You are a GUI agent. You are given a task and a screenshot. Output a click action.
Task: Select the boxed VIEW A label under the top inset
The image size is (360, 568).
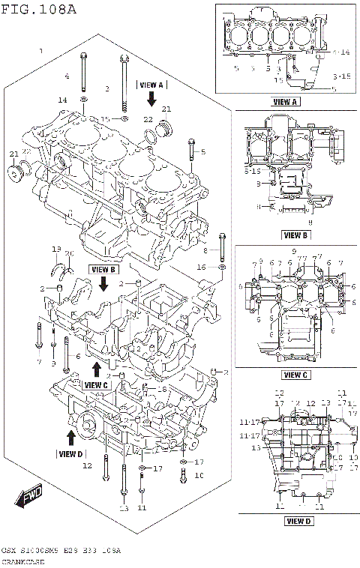coord(286,101)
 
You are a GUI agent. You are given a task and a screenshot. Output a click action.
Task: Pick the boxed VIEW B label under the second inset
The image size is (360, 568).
coord(294,235)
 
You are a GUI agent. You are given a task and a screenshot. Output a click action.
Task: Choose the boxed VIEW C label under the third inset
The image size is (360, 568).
coord(295,374)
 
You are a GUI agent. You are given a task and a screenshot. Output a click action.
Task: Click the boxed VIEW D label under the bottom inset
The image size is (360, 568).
coord(298,520)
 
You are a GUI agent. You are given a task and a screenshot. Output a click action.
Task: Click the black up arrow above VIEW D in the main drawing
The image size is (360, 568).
coord(71,438)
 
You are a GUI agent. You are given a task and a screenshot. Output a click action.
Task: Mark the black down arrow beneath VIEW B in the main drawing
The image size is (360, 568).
coord(104,283)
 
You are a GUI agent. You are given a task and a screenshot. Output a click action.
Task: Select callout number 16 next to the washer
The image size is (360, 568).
coord(201,267)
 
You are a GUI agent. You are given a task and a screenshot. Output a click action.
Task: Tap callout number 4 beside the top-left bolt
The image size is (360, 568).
coord(66,76)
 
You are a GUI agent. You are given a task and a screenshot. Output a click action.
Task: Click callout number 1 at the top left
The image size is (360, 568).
coord(41,51)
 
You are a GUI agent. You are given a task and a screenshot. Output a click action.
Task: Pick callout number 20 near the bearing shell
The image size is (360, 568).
coord(69,253)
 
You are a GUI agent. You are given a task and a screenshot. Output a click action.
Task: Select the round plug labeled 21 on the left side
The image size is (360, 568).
coord(14,175)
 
